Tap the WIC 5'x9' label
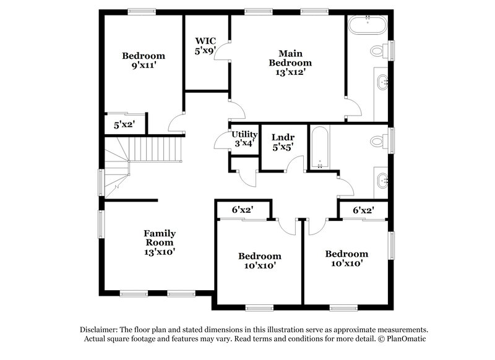(205, 47)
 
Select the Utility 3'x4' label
(244, 139)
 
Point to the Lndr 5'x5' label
(283, 143)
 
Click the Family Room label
(160, 242)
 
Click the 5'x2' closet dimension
(124, 125)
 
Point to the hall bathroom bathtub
(319, 148)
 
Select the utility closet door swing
(220, 142)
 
